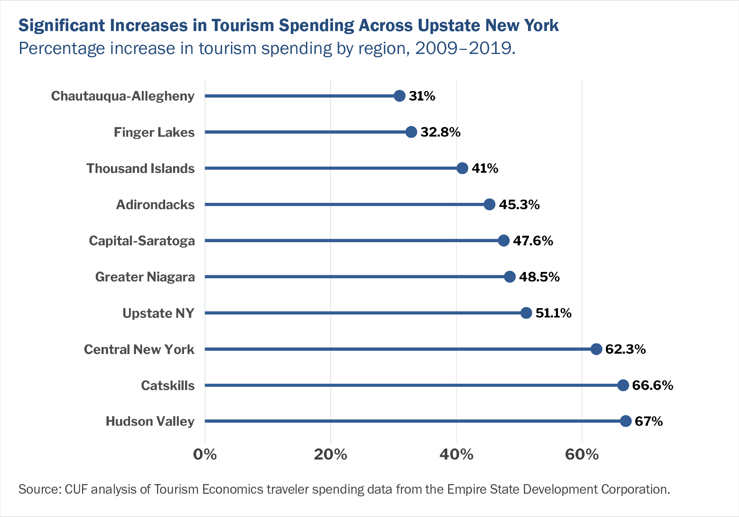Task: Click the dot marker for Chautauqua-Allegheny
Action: click(x=399, y=96)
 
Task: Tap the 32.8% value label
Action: click(x=440, y=132)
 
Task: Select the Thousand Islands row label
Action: click(x=140, y=169)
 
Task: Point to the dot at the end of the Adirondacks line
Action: click(x=489, y=204)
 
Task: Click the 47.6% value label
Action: click(x=533, y=241)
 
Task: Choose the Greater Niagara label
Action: click(x=145, y=277)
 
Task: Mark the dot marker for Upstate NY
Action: click(x=526, y=313)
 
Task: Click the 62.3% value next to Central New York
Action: click(x=625, y=349)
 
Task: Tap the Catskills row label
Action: click(x=168, y=385)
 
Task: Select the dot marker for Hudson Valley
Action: click(x=626, y=421)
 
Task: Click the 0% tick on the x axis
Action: click(x=205, y=454)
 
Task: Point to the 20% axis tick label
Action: click(x=330, y=454)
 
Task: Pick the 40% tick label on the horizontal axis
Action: click(x=456, y=454)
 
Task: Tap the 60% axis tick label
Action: click(x=582, y=454)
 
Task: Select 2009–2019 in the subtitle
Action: click(x=464, y=48)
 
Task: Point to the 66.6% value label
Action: click(x=653, y=385)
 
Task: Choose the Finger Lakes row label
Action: click(x=154, y=132)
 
